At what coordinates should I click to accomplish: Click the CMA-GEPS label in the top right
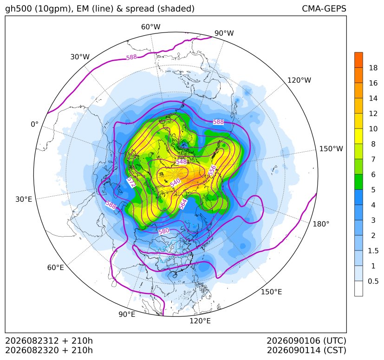(x=324, y=8)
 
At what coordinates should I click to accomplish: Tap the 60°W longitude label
(x=151, y=27)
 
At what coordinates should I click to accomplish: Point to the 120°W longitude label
(x=299, y=80)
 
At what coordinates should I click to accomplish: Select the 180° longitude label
(x=321, y=224)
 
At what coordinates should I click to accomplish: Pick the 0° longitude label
(x=34, y=124)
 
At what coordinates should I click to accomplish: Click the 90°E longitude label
(x=127, y=315)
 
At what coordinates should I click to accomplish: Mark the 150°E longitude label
(x=271, y=292)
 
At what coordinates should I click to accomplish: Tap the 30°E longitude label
(x=24, y=199)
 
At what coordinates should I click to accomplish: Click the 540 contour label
(x=176, y=182)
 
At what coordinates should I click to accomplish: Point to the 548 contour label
(x=181, y=162)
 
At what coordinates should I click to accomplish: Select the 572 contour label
(x=131, y=183)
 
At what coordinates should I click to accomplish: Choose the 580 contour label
(x=163, y=231)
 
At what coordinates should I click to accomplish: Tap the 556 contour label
(x=212, y=171)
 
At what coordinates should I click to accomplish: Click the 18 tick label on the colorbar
(x=373, y=68)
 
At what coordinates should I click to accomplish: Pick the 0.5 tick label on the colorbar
(x=373, y=281)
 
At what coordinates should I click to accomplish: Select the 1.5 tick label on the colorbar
(x=373, y=251)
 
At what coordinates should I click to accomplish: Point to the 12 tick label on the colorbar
(x=373, y=113)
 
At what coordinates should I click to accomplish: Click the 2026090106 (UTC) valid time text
(x=306, y=341)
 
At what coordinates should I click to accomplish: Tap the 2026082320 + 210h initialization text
(x=49, y=350)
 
